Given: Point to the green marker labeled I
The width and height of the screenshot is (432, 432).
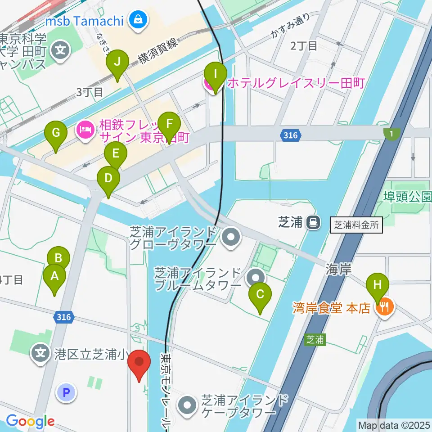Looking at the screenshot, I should (215, 75).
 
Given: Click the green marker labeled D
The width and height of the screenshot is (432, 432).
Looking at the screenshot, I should (108, 179).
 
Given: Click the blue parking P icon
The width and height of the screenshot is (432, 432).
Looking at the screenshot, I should (66, 393).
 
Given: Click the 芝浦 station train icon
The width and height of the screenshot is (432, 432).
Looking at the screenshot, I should (311, 222).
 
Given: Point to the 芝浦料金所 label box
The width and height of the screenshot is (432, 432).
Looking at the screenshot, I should (356, 225).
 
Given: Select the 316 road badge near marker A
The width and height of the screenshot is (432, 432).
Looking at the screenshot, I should (64, 318).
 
